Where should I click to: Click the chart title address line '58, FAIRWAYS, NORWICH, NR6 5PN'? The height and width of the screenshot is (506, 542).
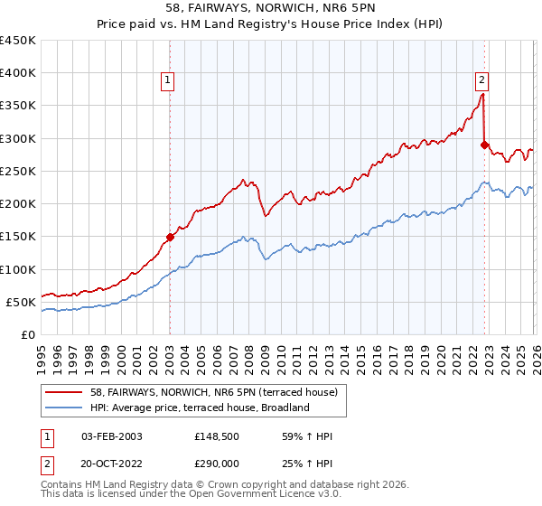click(270, 8)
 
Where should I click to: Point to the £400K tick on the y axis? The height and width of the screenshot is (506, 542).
click(18, 73)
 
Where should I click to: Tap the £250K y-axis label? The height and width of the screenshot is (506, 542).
click(18, 171)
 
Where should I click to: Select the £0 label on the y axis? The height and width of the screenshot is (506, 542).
click(28, 334)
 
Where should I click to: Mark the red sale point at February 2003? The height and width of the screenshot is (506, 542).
click(170, 238)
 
